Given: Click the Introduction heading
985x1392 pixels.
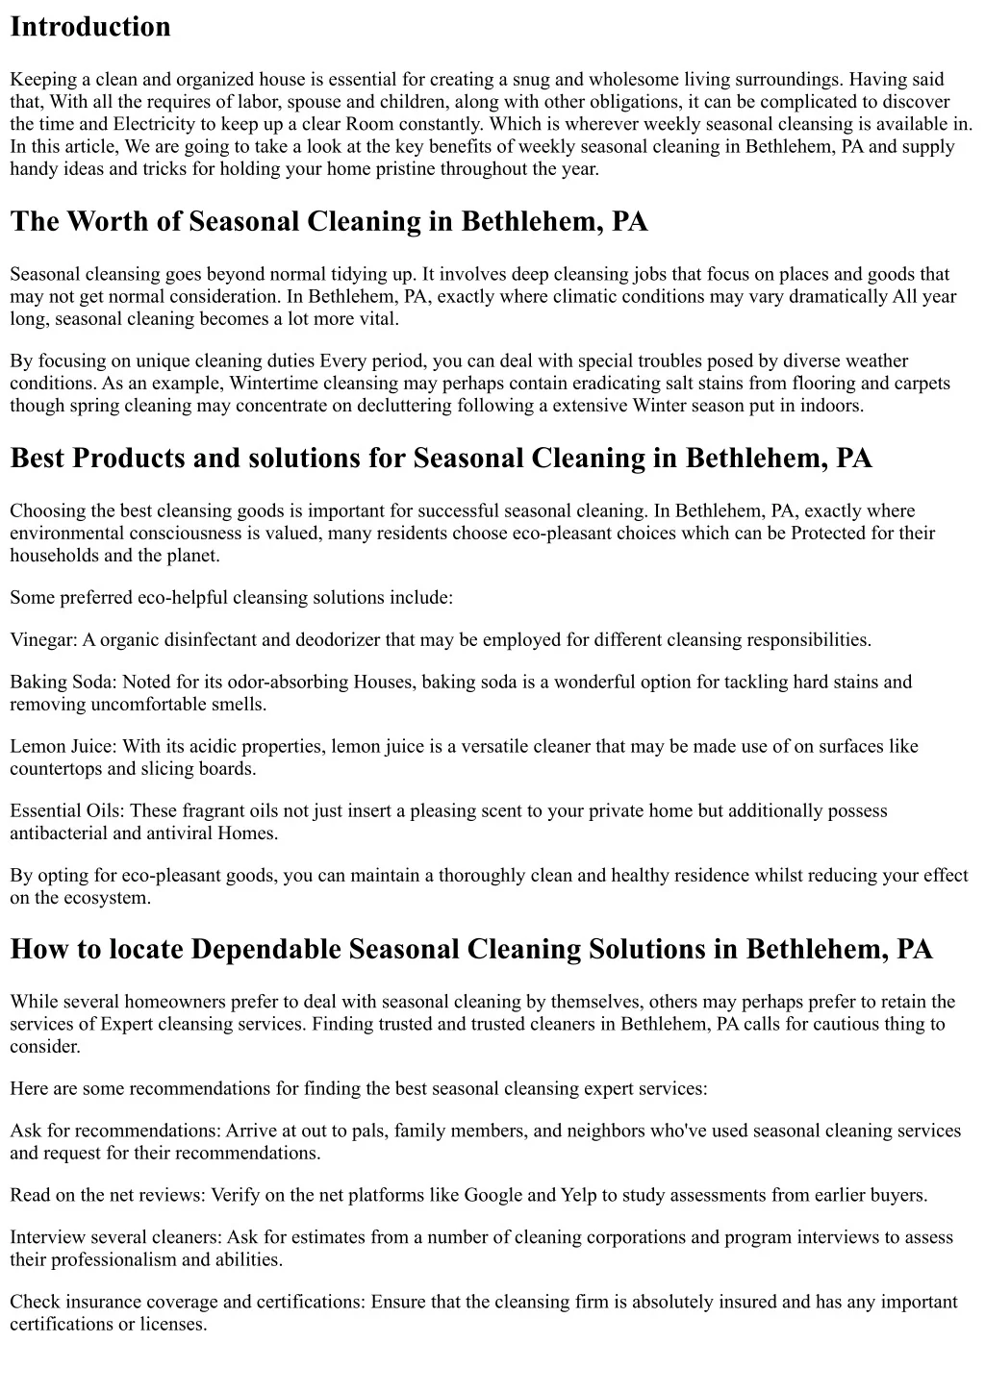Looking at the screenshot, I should coord(90,27).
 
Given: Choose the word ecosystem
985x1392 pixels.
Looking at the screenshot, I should coord(107,898).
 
